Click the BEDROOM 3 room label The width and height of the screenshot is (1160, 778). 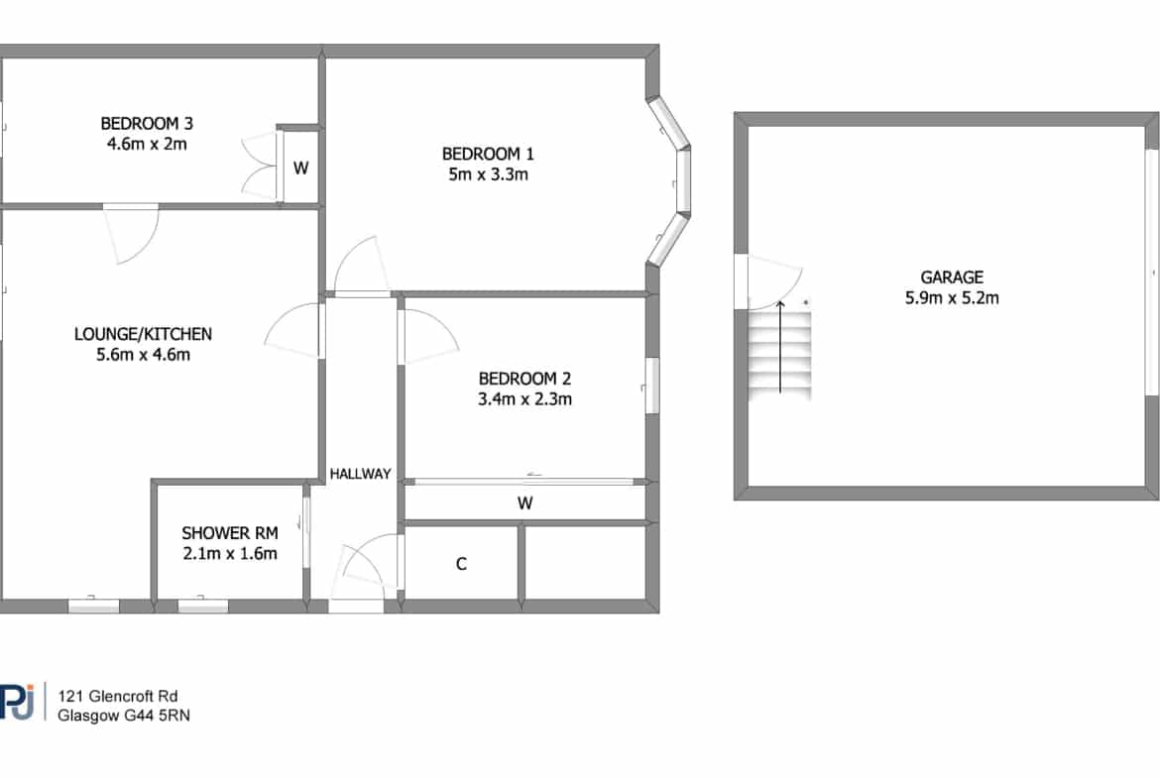click(147, 123)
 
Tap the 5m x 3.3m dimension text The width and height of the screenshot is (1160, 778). click(488, 174)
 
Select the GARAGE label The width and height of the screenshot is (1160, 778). click(952, 278)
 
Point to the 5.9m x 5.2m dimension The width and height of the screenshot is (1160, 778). click(952, 298)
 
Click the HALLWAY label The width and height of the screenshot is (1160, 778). click(360, 474)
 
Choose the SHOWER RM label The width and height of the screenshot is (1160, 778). click(230, 532)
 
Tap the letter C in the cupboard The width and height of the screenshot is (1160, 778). click(461, 564)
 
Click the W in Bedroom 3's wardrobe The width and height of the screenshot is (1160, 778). click(300, 167)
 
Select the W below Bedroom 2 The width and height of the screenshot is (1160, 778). click(524, 503)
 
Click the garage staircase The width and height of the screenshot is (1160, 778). click(779, 354)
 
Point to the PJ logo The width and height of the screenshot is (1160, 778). click(17, 701)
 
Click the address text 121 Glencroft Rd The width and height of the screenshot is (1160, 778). click(118, 696)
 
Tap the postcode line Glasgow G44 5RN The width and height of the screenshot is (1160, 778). click(124, 716)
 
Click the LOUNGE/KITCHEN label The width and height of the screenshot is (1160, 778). click(143, 334)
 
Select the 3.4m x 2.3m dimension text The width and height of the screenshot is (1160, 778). click(524, 399)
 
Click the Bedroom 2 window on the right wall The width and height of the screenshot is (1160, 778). click(651, 386)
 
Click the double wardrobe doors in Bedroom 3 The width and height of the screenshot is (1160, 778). click(261, 167)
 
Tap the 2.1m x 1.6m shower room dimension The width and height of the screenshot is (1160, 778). click(230, 553)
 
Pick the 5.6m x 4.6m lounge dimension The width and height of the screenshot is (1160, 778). click(143, 355)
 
